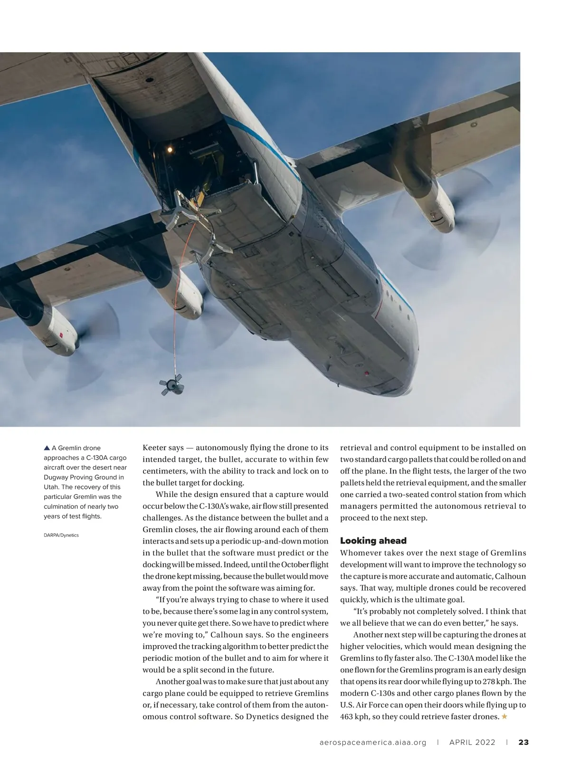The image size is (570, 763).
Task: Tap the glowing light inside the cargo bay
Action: click(169, 150)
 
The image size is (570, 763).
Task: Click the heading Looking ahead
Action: click(373, 541)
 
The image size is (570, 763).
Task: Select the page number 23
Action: click(523, 742)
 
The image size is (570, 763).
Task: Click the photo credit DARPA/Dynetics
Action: click(61, 535)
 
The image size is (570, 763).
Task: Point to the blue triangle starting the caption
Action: click(47, 448)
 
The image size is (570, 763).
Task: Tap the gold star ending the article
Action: click(504, 716)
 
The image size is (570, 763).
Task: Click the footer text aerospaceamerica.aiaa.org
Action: click(372, 742)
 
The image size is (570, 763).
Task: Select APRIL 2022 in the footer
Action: click(472, 742)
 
